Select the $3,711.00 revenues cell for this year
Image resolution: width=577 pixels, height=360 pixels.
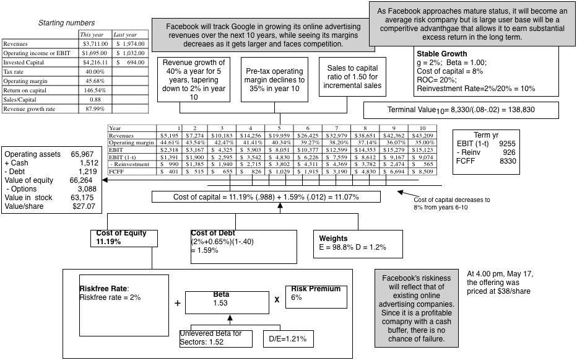95,44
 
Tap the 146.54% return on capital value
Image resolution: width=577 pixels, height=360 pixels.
95,90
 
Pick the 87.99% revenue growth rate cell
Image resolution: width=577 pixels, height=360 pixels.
95,108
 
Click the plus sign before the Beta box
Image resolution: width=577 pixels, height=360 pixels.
178,304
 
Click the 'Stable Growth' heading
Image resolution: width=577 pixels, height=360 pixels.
443,53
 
